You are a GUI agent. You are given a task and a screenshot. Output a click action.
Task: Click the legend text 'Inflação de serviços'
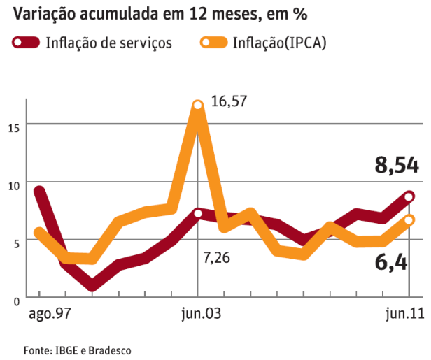[108, 43]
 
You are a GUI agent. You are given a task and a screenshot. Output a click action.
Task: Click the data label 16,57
[230, 102]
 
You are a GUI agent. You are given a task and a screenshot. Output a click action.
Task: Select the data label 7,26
[217, 259]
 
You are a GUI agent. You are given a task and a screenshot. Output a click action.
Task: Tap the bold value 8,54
[397, 166]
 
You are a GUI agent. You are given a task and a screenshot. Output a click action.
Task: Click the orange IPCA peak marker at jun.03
[198, 106]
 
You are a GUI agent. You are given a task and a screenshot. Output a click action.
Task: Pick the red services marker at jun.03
[198, 213]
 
